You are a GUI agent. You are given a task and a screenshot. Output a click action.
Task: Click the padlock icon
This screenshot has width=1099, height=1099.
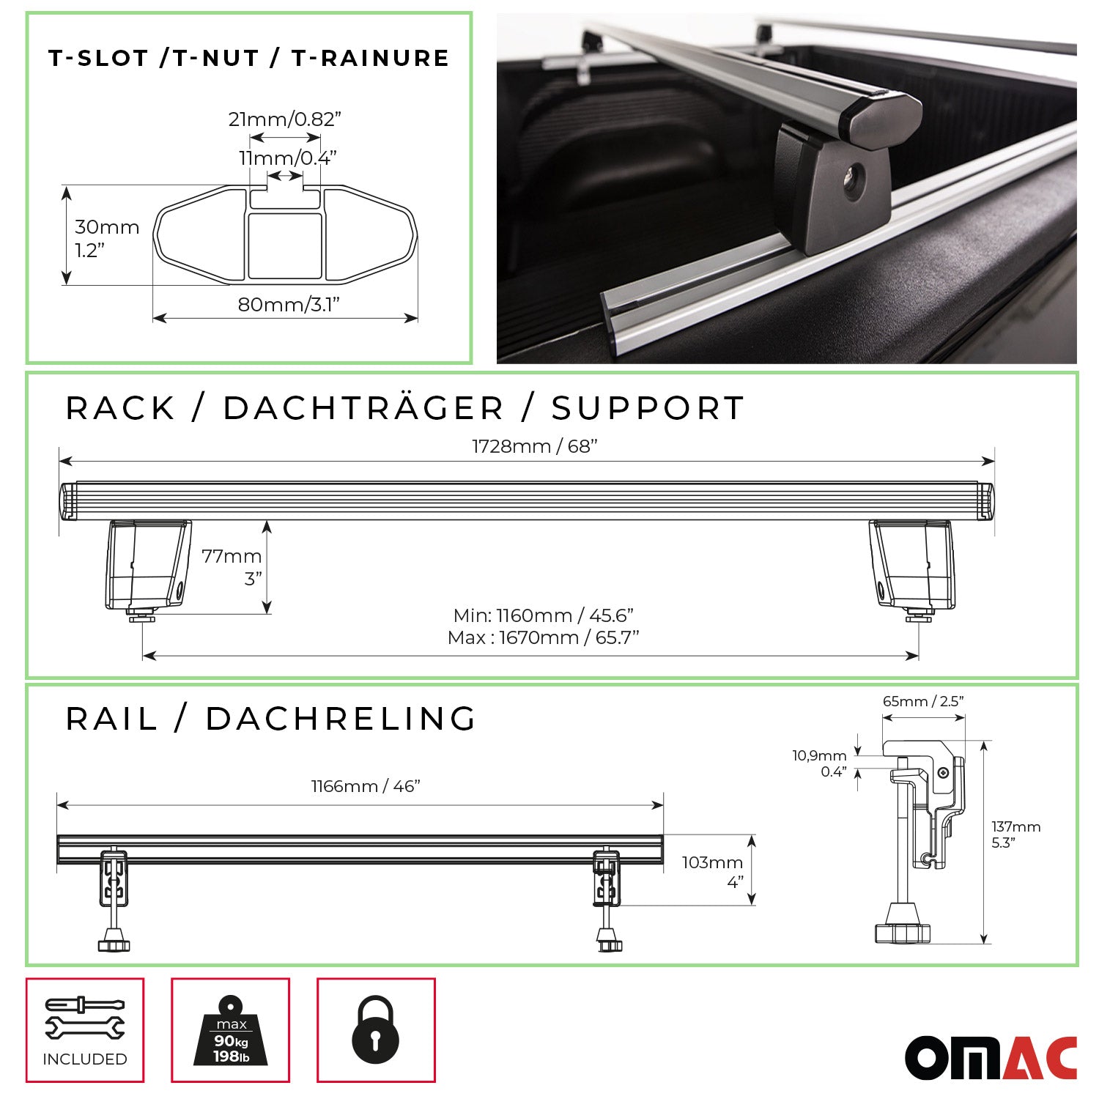[376, 1029]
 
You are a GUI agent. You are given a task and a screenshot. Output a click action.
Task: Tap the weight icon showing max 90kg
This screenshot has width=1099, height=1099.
[231, 1031]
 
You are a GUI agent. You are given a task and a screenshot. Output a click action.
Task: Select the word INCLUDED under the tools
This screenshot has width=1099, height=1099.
[85, 1059]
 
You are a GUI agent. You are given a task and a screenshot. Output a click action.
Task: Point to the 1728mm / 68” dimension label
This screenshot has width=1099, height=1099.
[535, 446]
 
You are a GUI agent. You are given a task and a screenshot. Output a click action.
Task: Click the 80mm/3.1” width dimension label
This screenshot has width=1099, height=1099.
[289, 305]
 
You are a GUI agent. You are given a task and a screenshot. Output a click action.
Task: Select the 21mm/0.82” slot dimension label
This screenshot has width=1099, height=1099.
[285, 119]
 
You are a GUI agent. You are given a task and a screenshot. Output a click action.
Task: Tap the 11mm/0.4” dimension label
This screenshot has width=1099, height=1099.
[287, 158]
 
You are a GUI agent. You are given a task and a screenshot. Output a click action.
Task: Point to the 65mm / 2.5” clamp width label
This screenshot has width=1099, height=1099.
[922, 701]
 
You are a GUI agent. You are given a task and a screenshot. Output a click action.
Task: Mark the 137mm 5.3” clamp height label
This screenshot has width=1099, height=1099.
[1015, 835]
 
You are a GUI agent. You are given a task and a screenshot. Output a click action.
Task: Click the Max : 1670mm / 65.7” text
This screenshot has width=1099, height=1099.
[543, 637]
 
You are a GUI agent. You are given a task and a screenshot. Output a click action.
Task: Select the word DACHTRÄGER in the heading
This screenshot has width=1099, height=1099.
[363, 408]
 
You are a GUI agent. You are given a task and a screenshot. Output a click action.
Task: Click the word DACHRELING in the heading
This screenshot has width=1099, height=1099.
[341, 719]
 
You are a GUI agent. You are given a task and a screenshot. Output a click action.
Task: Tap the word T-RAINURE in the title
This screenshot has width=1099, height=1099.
[370, 58]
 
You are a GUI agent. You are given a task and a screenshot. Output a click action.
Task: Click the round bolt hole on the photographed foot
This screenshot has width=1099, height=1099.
[854, 182]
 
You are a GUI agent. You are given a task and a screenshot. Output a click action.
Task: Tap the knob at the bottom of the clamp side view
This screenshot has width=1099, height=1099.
[902, 933]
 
